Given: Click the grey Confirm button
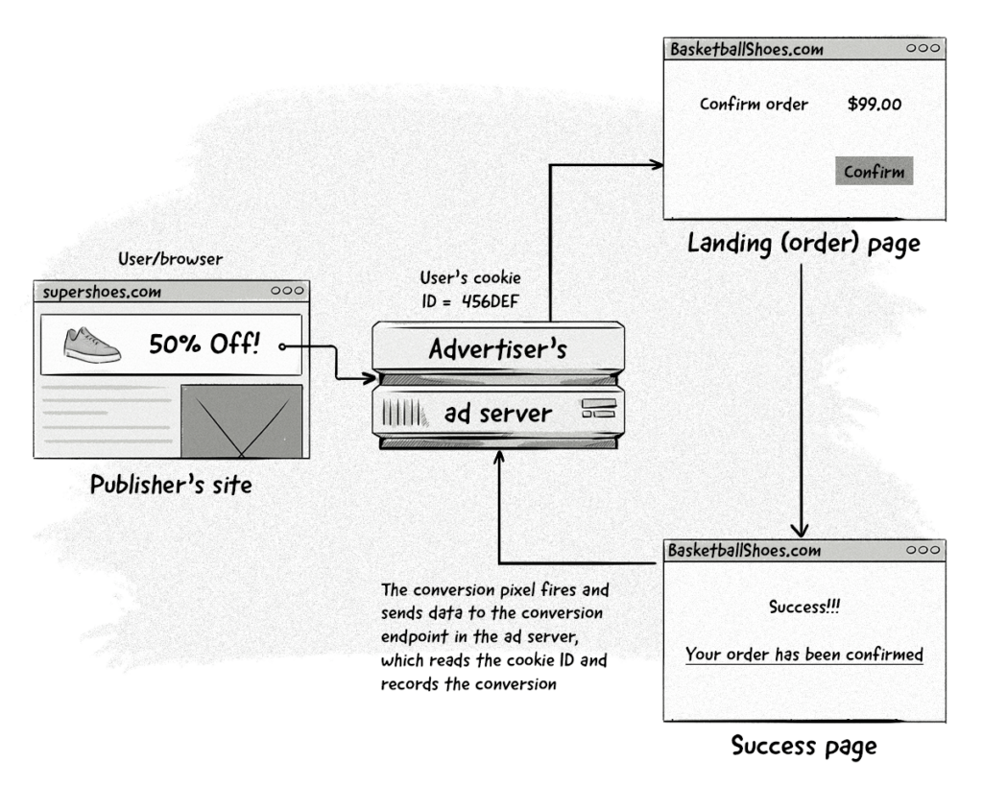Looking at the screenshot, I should click(x=874, y=172).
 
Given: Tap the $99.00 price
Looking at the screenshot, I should click(x=874, y=104).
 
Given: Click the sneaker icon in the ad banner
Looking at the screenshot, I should click(x=92, y=345).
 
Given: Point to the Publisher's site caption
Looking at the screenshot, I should click(x=171, y=485).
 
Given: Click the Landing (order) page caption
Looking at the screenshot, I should click(x=803, y=244).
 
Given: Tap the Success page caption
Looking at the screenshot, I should click(x=803, y=745).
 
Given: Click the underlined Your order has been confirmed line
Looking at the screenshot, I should click(x=803, y=655).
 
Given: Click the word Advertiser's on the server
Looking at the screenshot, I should click(x=497, y=348).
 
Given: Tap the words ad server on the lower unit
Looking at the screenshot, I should click(x=497, y=415).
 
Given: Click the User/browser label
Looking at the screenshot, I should click(x=171, y=259).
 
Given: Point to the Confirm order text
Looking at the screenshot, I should click(x=754, y=104).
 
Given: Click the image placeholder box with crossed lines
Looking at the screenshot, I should click(x=242, y=421).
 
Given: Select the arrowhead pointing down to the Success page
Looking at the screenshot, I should click(x=803, y=530).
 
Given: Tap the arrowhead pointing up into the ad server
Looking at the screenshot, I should click(x=498, y=460).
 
